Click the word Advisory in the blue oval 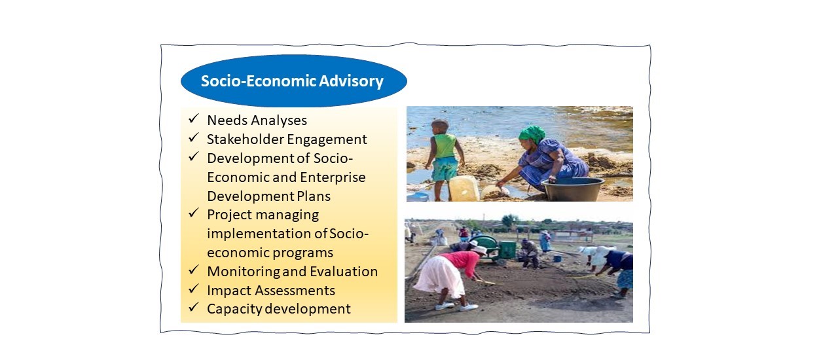(351, 81)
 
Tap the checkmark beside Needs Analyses (193, 118)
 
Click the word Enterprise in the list (333, 177)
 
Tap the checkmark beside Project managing (193, 213)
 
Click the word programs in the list (302, 253)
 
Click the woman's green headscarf (532, 134)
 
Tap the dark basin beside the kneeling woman (572, 189)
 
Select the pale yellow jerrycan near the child (464, 189)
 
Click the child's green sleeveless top (445, 145)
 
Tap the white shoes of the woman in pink (456, 306)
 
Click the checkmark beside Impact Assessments (193, 289)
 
